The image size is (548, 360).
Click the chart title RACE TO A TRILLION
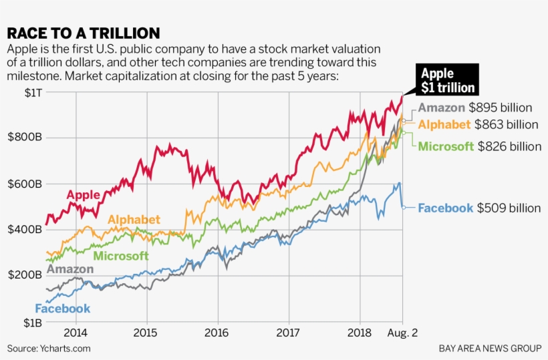tap(84, 33)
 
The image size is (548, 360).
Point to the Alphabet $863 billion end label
tap(478, 124)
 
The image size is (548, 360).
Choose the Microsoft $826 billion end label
tap(479, 146)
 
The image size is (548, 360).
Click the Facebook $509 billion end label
tap(479, 208)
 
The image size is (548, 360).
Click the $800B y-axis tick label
tap(25, 138)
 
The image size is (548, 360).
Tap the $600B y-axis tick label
tap(25, 184)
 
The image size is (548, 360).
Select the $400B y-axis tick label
tap(25, 230)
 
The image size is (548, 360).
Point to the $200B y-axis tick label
tap(25, 275)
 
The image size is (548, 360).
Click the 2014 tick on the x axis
tap(76, 332)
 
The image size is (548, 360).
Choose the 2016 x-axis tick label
tap(217, 332)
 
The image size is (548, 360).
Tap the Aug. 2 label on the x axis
tap(403, 332)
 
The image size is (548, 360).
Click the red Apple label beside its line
tap(83, 195)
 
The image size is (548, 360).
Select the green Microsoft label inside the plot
tap(121, 256)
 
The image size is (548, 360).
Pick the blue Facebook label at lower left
tap(62, 309)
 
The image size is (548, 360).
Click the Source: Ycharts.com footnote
tap(49, 349)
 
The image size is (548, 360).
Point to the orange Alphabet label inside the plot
tap(134, 220)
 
